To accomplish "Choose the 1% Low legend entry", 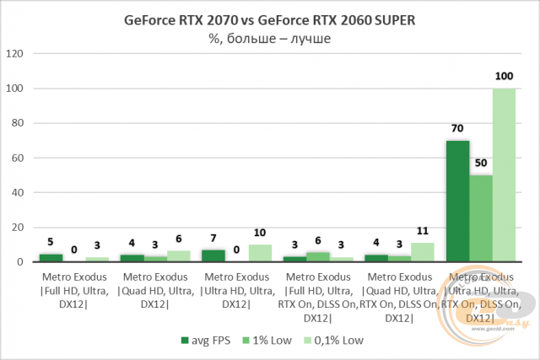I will pos(271,341).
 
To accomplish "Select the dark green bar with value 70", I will pos(458,201).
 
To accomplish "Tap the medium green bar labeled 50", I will pos(481,218).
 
